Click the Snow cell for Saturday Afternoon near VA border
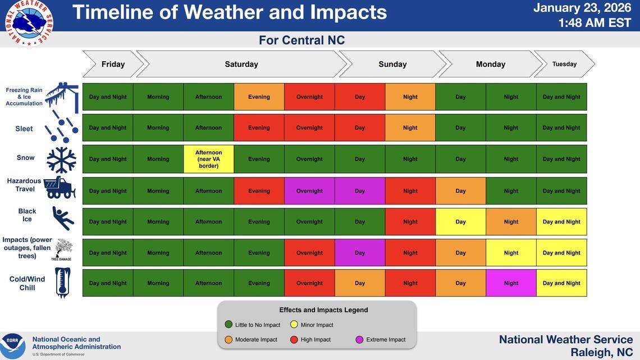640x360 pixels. click(x=208, y=159)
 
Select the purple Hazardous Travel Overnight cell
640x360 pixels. click(x=309, y=191)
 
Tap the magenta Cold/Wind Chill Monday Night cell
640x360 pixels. click(x=511, y=283)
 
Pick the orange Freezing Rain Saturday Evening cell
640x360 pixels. click(x=259, y=97)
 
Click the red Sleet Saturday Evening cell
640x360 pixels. click(x=259, y=127)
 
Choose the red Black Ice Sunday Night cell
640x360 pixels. click(x=410, y=222)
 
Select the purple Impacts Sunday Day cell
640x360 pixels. click(x=360, y=253)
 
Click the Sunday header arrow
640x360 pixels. click(x=392, y=64)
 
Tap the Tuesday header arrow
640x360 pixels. click(x=564, y=64)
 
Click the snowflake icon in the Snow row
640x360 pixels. click(x=61, y=160)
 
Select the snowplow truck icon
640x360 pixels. click(x=60, y=188)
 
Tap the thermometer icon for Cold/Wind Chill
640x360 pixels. click(x=62, y=282)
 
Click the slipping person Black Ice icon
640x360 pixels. click(x=62, y=218)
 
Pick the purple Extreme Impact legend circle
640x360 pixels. click(x=359, y=339)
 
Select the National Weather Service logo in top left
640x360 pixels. click(x=29, y=21)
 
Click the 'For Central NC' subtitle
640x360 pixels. click(x=301, y=40)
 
